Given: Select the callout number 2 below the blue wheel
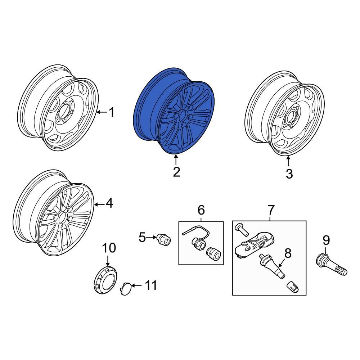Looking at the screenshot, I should (176, 172).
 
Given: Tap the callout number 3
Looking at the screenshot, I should (289, 174).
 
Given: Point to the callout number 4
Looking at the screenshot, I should (109, 204).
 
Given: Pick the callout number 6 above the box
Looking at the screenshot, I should (201, 209).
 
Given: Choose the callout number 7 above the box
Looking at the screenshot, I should (271, 209).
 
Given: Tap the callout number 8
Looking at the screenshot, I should (288, 253).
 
